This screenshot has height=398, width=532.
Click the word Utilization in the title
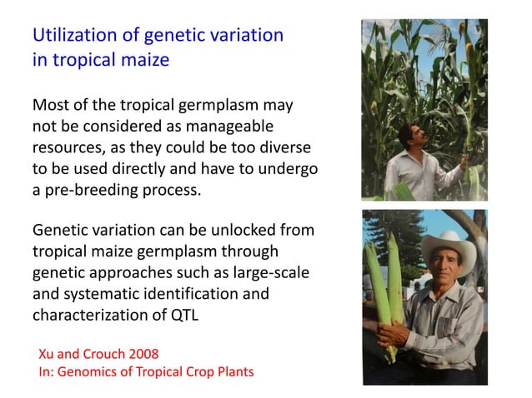point(70,37)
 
